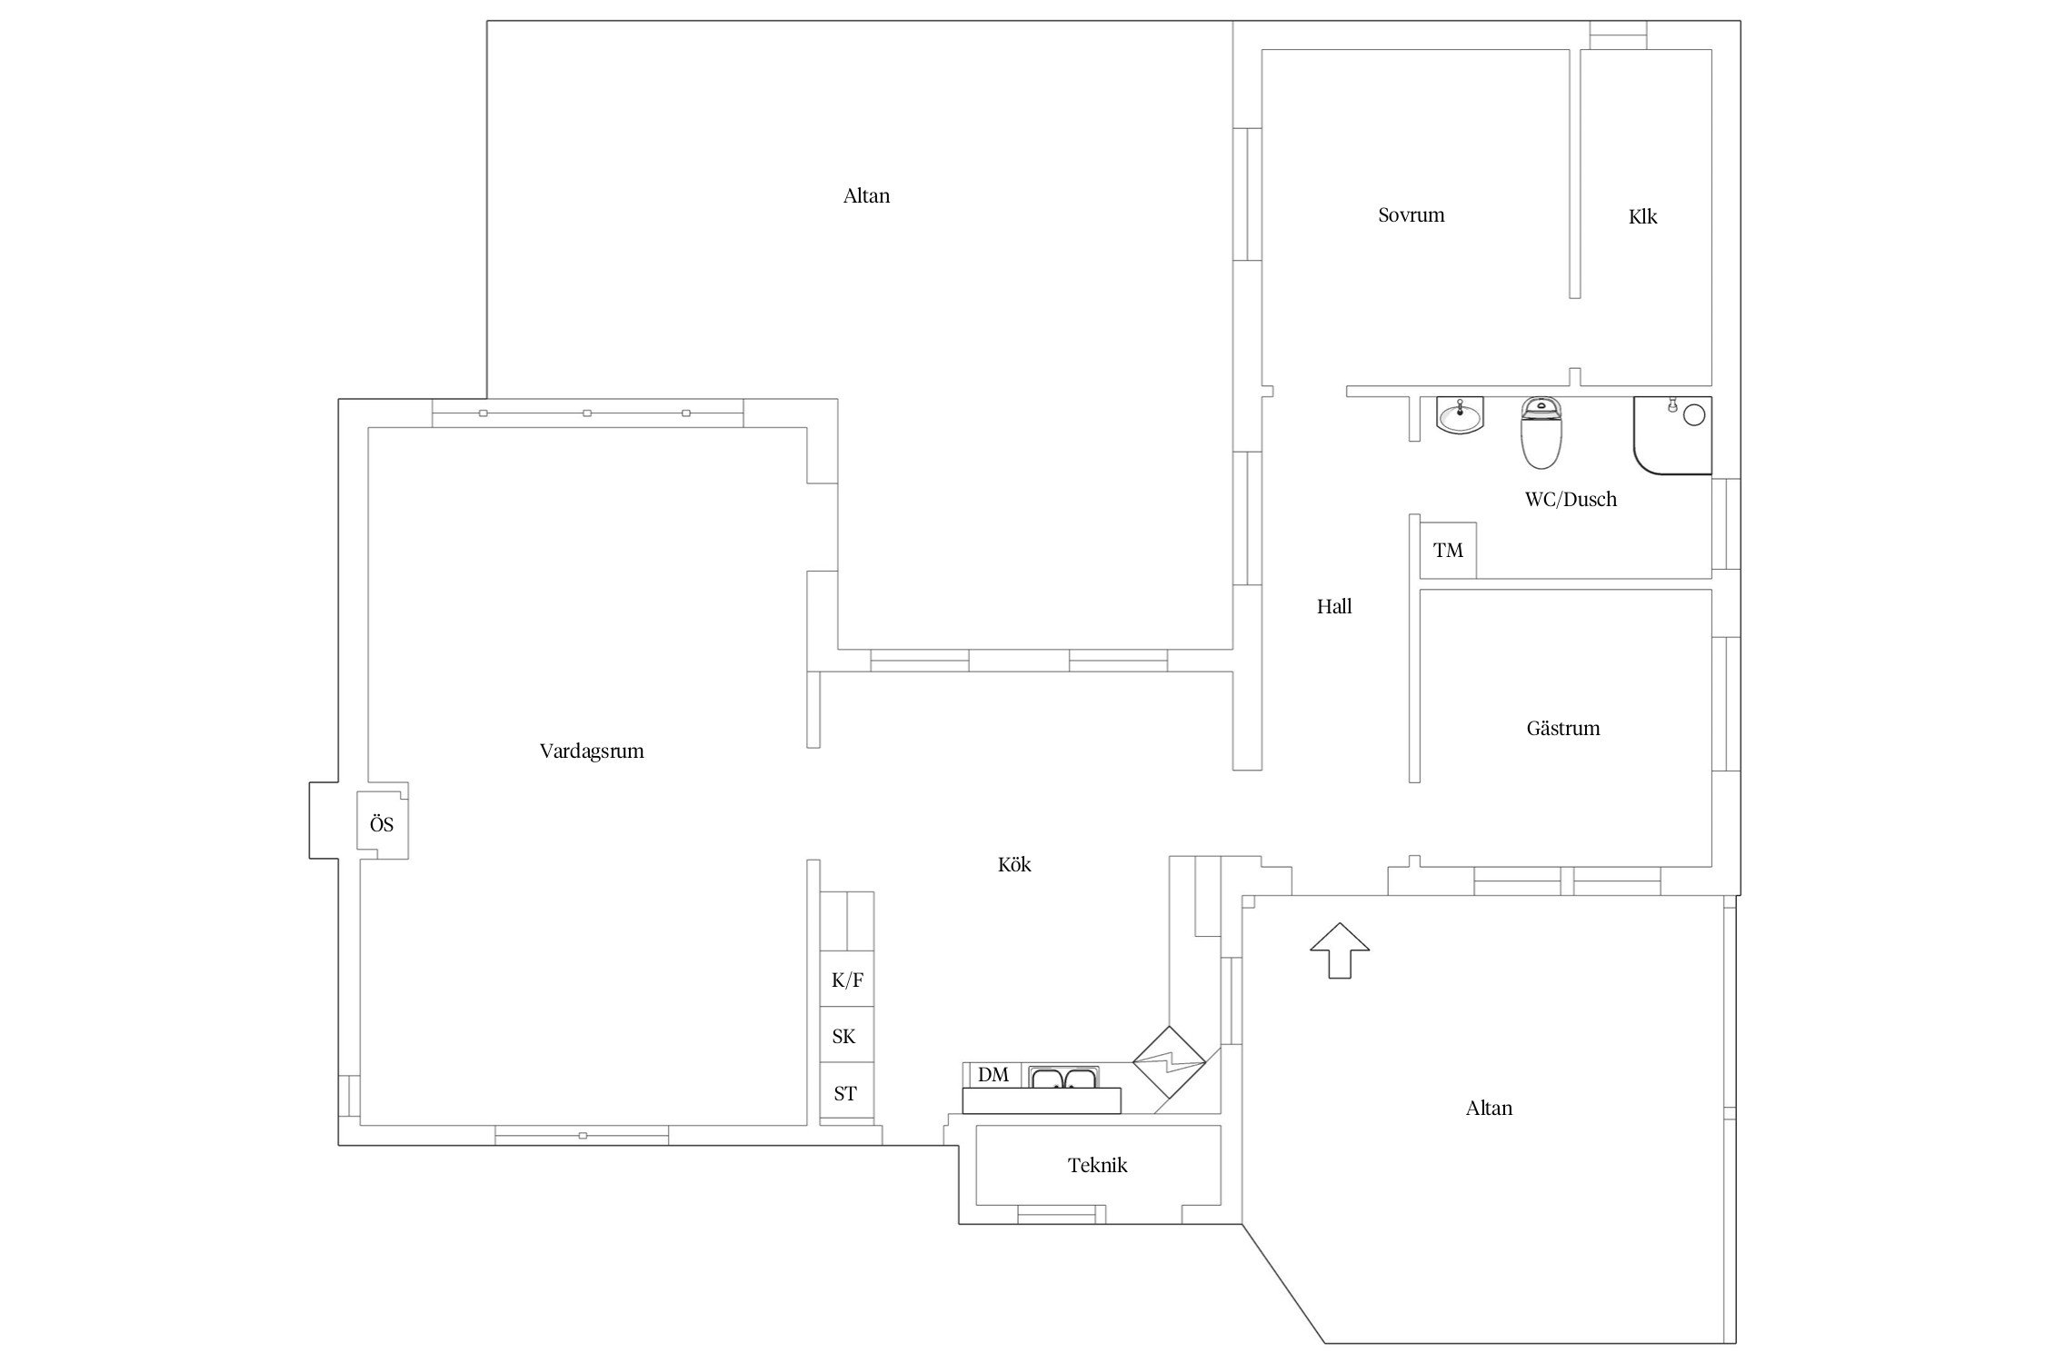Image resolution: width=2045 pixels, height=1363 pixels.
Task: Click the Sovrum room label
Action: click(x=1411, y=215)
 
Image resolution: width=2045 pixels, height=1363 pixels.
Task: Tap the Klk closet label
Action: click(x=1642, y=216)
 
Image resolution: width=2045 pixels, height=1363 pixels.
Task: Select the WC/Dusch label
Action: click(x=1571, y=499)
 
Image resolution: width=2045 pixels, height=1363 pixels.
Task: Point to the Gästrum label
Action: click(x=1563, y=728)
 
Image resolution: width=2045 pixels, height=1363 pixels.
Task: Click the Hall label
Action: click(x=1334, y=606)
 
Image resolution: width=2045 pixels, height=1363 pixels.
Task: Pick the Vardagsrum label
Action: click(x=592, y=751)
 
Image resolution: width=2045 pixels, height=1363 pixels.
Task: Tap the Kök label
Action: click(x=1014, y=864)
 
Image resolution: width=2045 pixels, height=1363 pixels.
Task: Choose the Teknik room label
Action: click(x=1097, y=1165)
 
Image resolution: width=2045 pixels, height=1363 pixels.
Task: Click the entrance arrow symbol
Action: click(x=1340, y=950)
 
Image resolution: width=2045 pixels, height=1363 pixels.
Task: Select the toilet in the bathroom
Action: click(x=1541, y=433)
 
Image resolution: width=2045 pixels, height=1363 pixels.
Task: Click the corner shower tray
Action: click(x=1672, y=435)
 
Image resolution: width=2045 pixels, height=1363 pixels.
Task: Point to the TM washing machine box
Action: click(x=1448, y=550)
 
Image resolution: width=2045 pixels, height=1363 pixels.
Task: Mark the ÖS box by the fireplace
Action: click(x=382, y=825)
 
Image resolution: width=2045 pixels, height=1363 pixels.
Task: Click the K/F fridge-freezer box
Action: click(x=847, y=979)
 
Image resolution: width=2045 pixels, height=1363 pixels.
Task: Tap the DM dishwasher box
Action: click(x=993, y=1075)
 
